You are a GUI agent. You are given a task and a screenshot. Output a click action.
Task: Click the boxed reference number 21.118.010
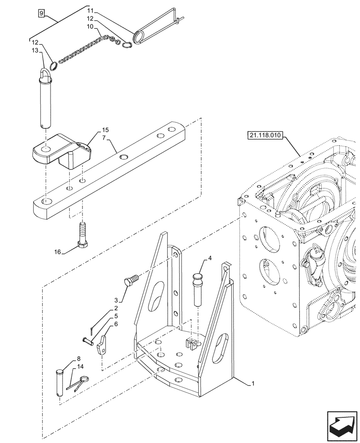(x=265, y=136)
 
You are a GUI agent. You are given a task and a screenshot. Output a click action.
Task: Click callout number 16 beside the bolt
(x=58, y=252)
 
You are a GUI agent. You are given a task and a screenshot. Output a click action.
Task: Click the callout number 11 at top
(x=90, y=10)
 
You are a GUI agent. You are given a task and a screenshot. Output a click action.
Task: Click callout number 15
(x=105, y=130)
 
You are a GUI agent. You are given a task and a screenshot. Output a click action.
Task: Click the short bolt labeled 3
(x=132, y=280)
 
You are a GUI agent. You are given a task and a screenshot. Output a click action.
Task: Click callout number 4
(x=210, y=258)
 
